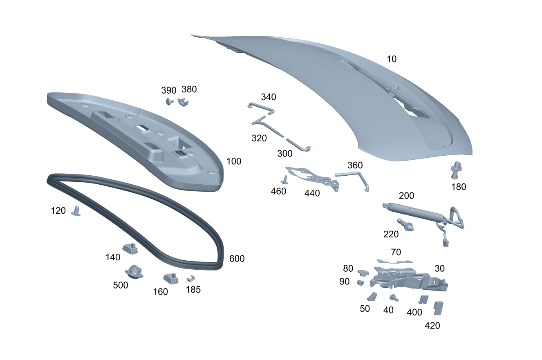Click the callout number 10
tap(392, 59)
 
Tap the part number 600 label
tap(237, 259)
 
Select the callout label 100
tap(234, 161)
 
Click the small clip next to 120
tap(76, 211)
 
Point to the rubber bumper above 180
tap(456, 170)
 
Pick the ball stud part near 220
tap(405, 225)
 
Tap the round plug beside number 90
tap(360, 282)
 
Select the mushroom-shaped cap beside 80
tap(363, 273)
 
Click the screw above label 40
tap(394, 298)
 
